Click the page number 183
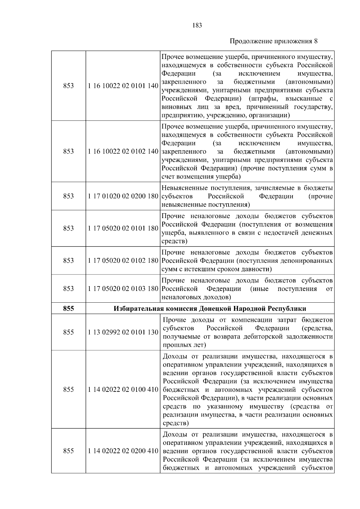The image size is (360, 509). point(197,25)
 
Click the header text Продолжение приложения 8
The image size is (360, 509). point(273,41)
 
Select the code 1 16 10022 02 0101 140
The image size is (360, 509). point(123,86)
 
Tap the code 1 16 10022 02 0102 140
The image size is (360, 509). point(123,151)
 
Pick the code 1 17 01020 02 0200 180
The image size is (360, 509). point(123,196)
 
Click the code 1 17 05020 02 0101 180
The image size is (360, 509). point(123,229)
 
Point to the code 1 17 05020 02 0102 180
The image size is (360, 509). point(123,261)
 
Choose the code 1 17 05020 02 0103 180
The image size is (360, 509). point(123,289)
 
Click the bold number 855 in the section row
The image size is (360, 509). point(68,308)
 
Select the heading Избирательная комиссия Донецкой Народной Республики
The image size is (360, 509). point(210,308)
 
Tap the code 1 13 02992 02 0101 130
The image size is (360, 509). point(123,332)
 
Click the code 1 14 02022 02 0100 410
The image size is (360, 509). point(123,390)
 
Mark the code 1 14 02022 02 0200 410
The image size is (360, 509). point(123,451)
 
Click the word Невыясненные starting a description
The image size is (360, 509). point(183,188)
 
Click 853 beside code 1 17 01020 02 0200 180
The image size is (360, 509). point(68,196)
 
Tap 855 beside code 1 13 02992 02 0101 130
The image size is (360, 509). point(68,332)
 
